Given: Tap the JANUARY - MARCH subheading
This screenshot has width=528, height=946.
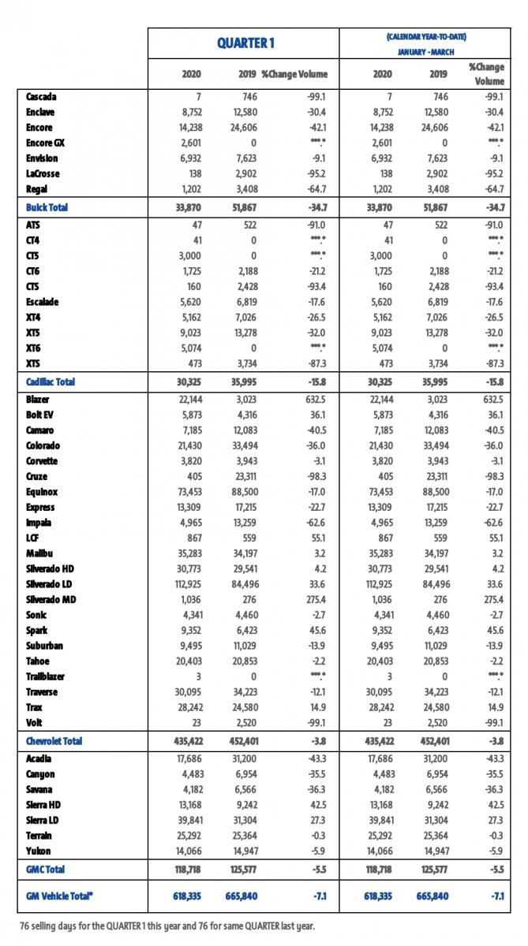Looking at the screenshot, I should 425,52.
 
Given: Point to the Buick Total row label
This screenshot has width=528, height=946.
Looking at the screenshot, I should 47,207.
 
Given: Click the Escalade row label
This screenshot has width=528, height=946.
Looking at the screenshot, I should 43,301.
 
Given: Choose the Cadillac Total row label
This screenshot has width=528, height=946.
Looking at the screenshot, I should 51,382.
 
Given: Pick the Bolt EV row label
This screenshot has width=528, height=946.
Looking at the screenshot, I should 41,415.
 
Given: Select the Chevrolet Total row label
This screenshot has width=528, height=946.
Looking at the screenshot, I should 54,741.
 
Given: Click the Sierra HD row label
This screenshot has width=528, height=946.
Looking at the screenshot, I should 44,805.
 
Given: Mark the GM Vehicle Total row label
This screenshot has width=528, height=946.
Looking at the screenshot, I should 60,896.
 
